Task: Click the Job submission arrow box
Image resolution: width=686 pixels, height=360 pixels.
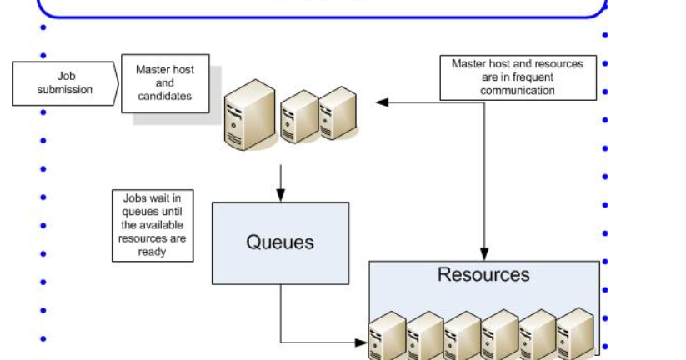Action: tap(63, 83)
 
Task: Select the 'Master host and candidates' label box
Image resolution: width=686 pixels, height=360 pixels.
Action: tap(165, 83)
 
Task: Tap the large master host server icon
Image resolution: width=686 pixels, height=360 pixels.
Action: tap(250, 114)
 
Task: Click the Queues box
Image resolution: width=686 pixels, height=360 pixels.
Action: tap(280, 242)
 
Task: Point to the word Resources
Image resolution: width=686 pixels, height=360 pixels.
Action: tap(483, 274)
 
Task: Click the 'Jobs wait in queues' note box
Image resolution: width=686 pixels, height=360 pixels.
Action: tap(153, 225)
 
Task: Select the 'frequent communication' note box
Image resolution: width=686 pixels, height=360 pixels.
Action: tap(518, 77)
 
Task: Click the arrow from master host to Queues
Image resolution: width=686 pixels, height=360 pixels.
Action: tap(280, 182)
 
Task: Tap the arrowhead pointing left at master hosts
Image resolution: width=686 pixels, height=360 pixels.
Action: tap(381, 102)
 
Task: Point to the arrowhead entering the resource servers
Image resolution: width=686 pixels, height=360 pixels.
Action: tap(362, 342)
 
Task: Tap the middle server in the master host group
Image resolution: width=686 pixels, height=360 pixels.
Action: tap(299, 117)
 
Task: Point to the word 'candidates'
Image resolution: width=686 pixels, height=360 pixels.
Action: tap(166, 96)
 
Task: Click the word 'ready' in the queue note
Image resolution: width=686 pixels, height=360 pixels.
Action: tap(153, 251)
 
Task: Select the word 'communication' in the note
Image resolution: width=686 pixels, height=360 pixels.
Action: tap(518, 90)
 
